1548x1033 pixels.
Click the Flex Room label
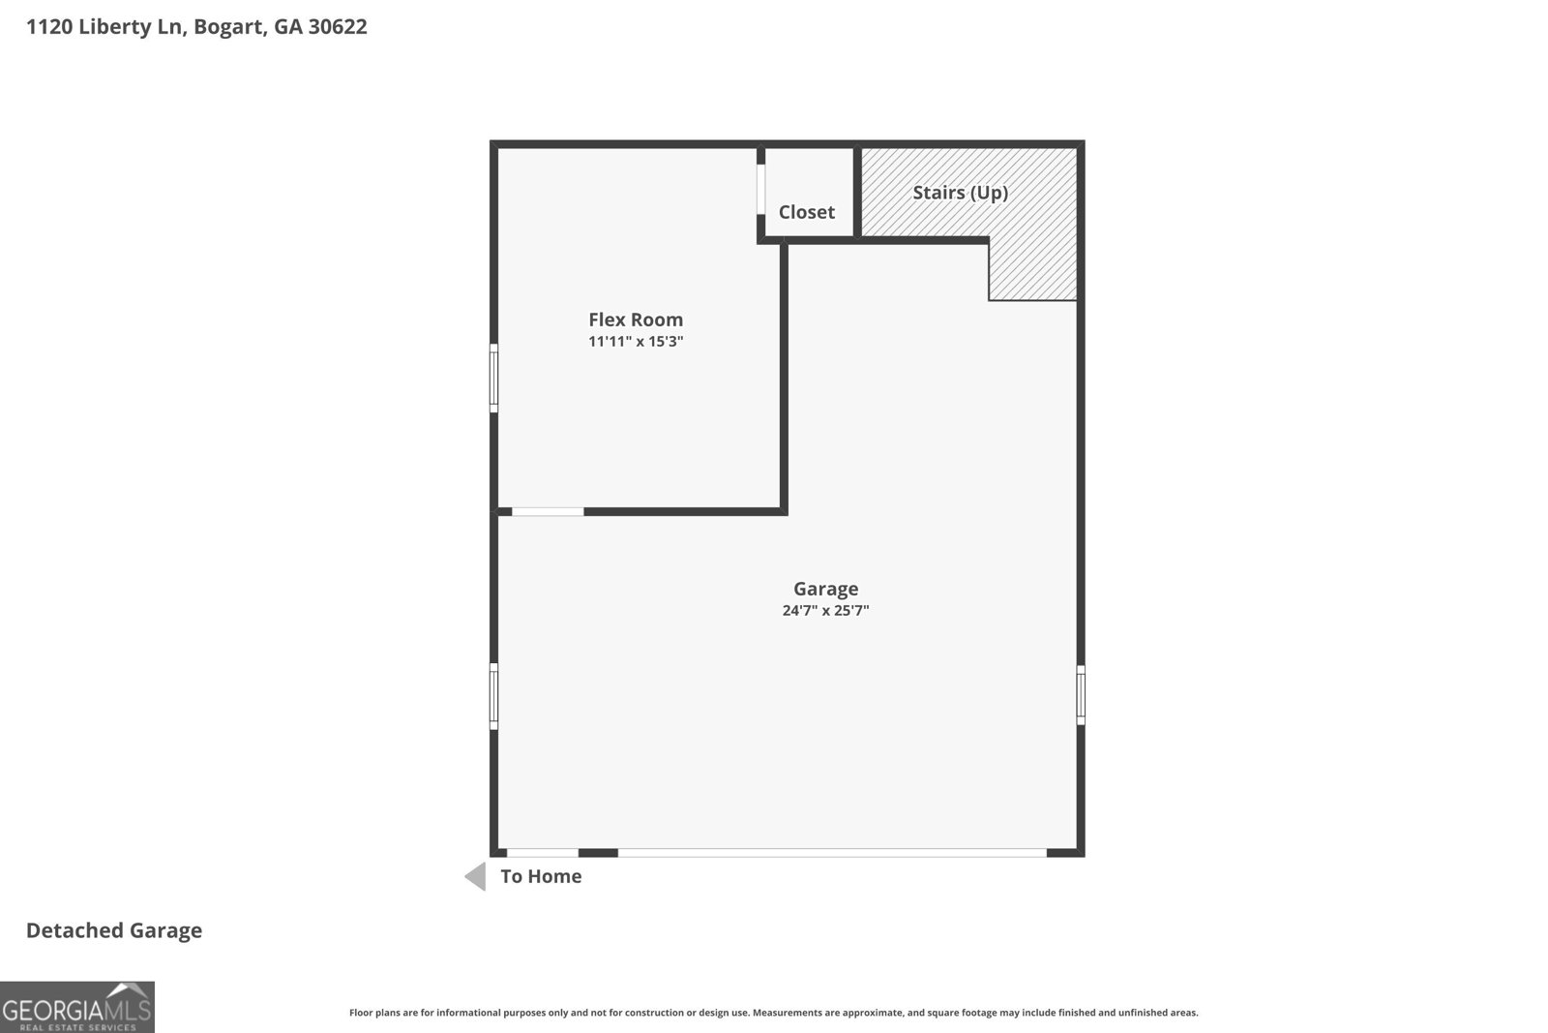[x=635, y=319]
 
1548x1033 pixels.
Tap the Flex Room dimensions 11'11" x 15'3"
[x=635, y=341]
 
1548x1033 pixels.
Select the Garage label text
[x=825, y=589]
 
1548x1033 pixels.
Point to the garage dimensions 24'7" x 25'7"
[x=825, y=610]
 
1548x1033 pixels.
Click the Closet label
[x=807, y=212]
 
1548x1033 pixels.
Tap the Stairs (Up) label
[x=960, y=193]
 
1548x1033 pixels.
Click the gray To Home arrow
[x=475, y=876]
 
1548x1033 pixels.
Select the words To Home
[x=541, y=876]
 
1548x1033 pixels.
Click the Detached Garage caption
[x=114, y=930]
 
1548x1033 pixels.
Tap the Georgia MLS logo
[x=76, y=1007]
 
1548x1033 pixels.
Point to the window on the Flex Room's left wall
[x=493, y=379]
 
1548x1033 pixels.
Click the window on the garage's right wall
[x=1081, y=695]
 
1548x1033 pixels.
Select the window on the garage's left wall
[x=493, y=696]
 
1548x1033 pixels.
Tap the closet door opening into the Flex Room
[x=760, y=190]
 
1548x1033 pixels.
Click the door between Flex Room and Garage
[x=548, y=512]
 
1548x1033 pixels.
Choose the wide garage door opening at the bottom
[x=832, y=853]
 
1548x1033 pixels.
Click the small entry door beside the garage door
[x=543, y=853]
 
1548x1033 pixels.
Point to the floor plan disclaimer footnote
[x=773, y=1013]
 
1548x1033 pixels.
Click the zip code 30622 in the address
[x=338, y=26]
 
